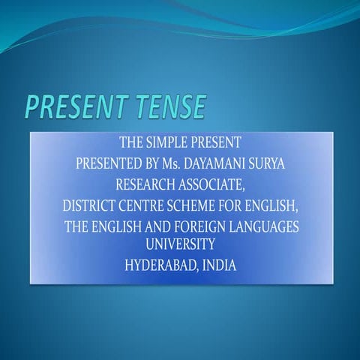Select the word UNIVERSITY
(x=181, y=244)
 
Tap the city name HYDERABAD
(x=161, y=265)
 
